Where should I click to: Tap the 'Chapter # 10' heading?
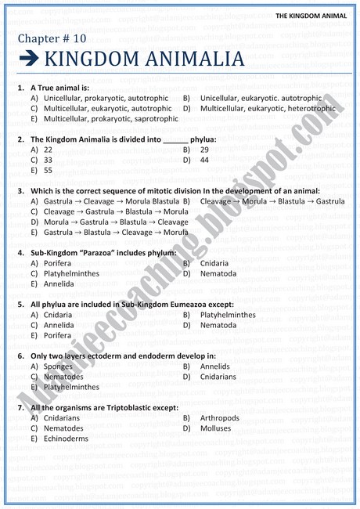(49, 38)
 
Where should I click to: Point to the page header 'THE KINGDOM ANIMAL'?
(311, 15)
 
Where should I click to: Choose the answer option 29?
(204, 149)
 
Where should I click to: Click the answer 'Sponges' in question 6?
(58, 366)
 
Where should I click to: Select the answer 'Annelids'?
(215, 366)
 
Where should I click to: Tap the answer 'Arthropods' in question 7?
(220, 417)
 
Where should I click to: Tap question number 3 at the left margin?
(20, 190)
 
